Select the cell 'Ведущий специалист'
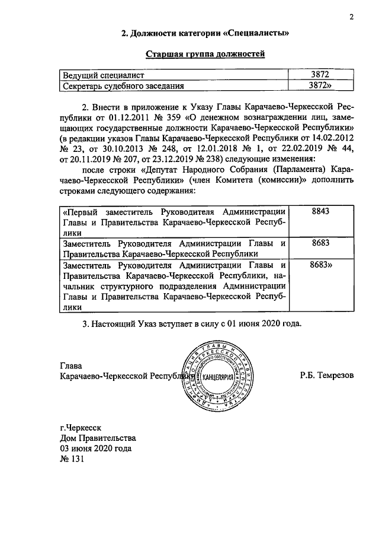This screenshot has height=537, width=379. point(104,76)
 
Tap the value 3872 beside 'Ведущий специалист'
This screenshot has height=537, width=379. point(319,76)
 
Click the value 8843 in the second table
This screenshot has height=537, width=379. point(320,212)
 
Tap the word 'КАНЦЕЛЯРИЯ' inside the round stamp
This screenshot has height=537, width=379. point(219,377)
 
